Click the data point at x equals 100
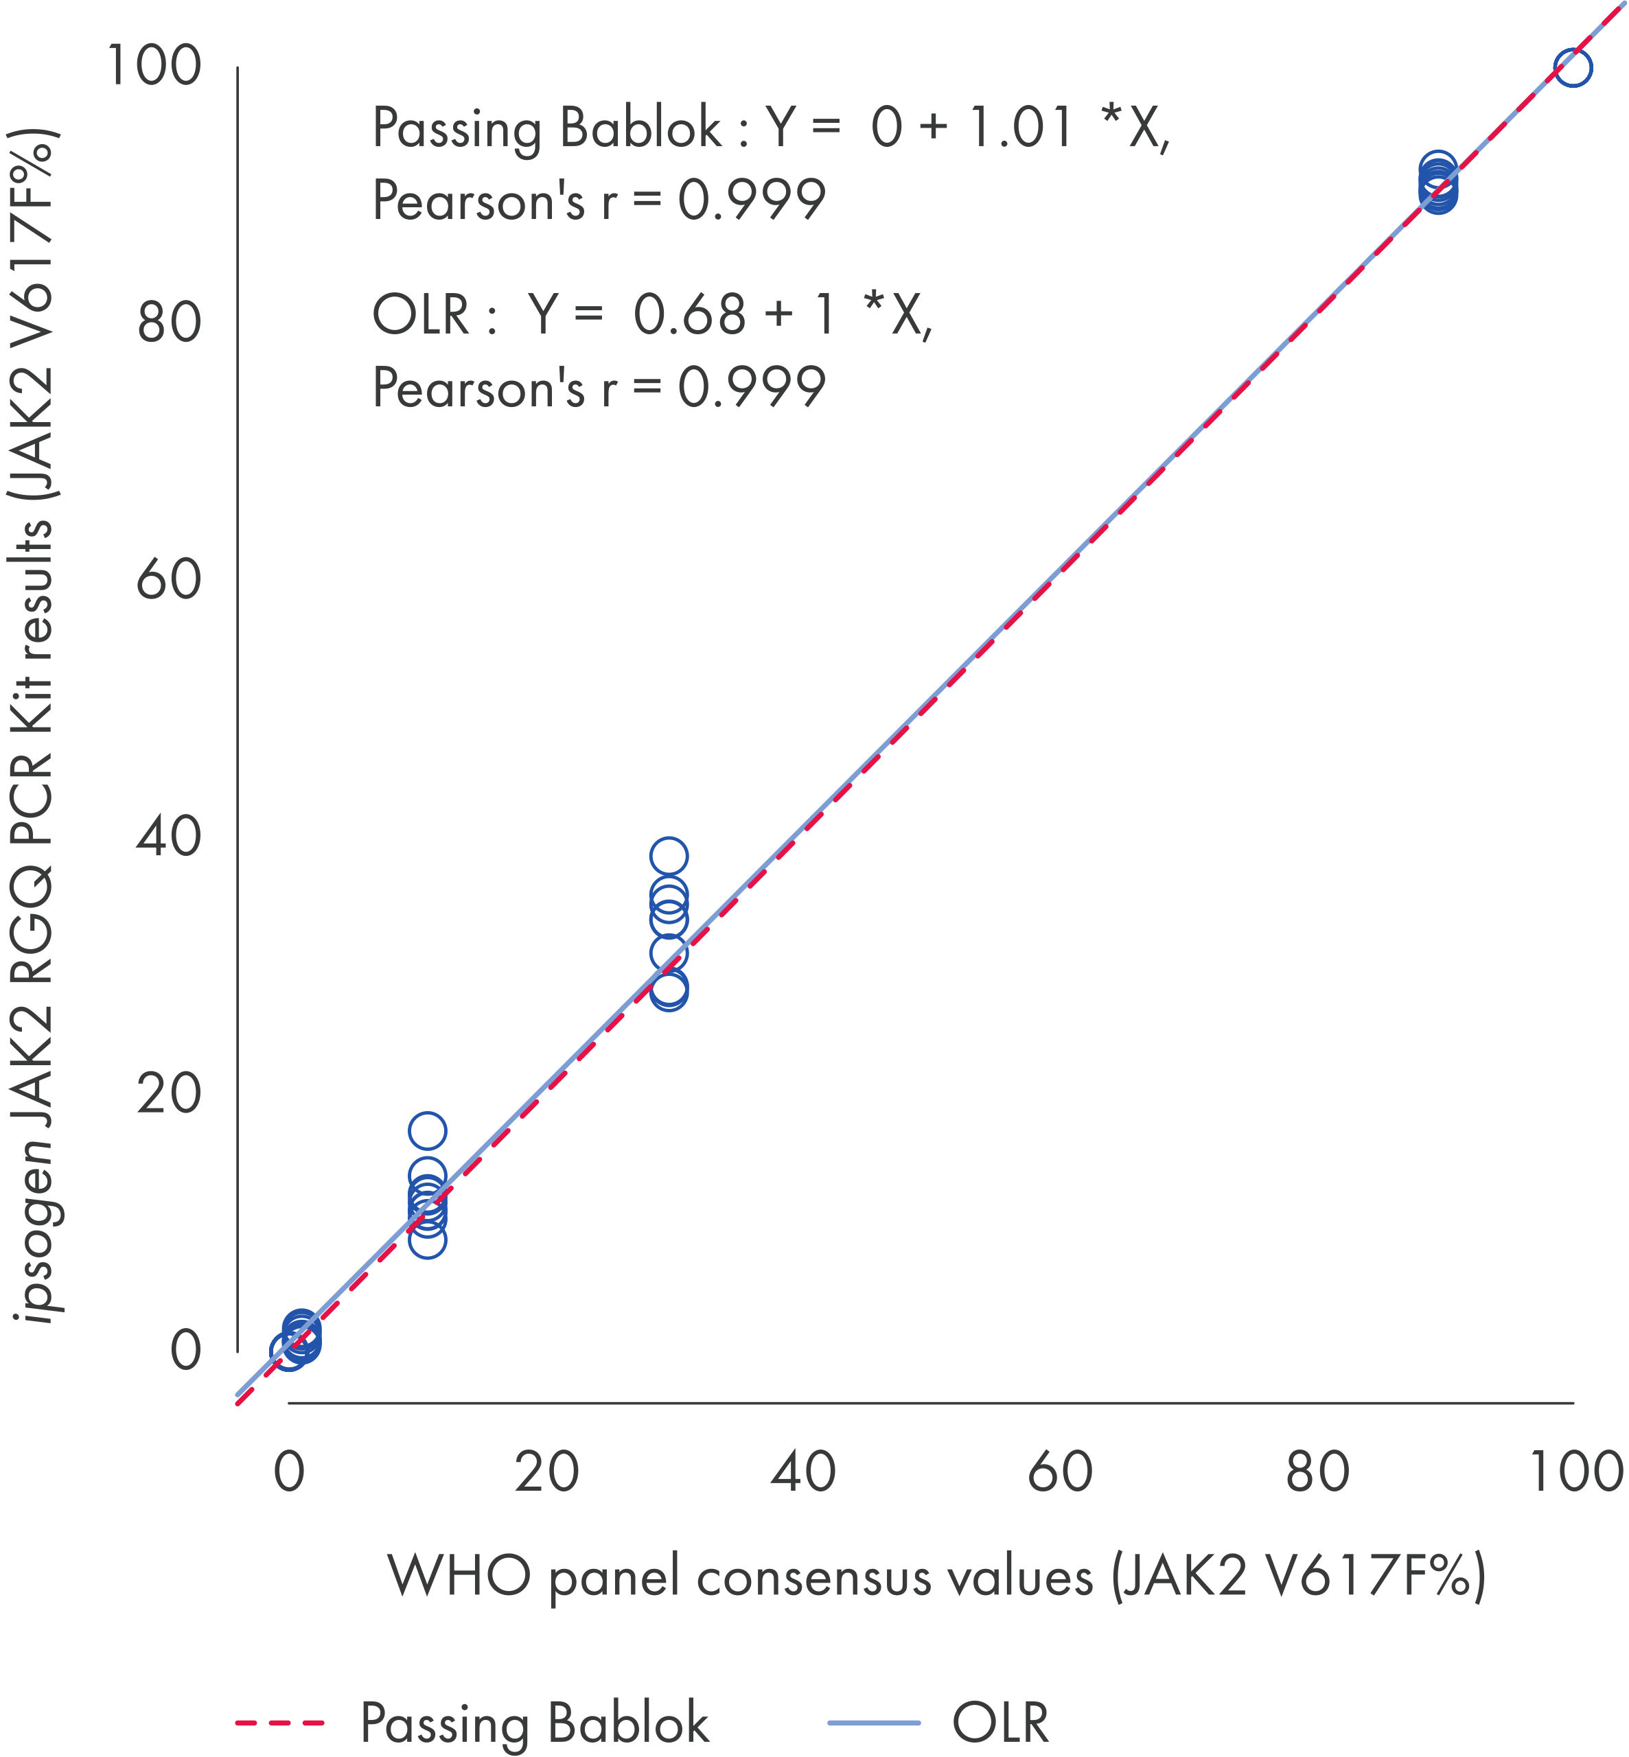pos(1573,67)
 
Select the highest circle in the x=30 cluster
pos(669,856)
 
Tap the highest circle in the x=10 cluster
pos(428,1130)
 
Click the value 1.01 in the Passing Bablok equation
pos(1020,128)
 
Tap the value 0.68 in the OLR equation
pos(689,314)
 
